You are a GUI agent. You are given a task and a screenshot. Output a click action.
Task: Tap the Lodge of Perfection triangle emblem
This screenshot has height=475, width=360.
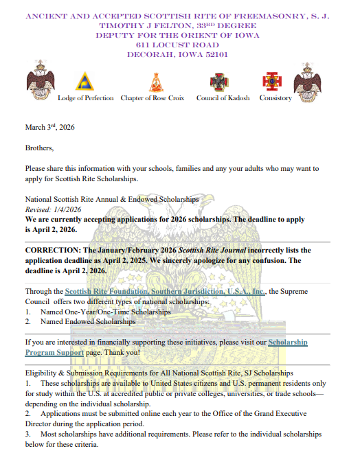pos(86,82)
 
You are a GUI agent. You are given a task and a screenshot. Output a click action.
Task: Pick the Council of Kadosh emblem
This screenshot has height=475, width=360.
pos(221,82)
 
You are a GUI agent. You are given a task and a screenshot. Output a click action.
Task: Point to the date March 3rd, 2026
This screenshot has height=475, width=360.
pos(49,128)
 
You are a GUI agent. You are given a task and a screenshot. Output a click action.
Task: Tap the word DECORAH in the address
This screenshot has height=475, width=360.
pos(150,54)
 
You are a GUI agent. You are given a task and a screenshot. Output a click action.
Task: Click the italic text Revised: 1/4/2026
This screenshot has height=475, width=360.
pos(54,209)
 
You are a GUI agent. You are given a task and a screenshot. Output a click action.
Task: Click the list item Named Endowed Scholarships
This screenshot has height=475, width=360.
pos(88,321)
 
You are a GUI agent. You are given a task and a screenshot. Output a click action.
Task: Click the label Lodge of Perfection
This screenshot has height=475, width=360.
pos(86,98)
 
